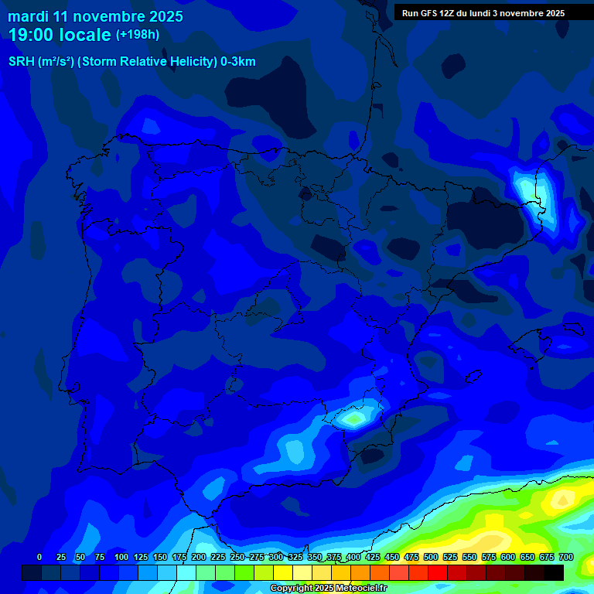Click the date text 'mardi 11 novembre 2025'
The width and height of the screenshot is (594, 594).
tap(95, 16)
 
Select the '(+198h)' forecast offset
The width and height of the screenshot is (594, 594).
tap(138, 35)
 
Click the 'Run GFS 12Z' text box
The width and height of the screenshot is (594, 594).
tap(483, 13)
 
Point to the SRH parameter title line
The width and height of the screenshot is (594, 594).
tap(131, 62)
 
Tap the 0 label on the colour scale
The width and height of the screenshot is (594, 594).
tap(39, 557)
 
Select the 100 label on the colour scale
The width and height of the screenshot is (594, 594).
tap(121, 557)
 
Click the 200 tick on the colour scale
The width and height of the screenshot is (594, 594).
tap(199, 557)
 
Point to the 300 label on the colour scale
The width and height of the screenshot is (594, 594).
tap(276, 557)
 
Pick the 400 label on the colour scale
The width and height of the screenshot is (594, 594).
tap(353, 557)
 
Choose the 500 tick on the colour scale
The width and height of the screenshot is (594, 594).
tap(431, 557)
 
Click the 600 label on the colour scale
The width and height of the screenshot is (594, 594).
tap(508, 557)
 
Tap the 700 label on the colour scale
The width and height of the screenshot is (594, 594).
tap(565, 557)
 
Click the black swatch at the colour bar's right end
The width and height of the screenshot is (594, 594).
tap(554, 573)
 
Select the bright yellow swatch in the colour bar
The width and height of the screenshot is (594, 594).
tap(283, 573)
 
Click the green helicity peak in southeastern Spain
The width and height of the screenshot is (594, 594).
tap(355, 419)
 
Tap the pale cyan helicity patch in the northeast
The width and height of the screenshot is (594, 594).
tap(528, 189)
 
